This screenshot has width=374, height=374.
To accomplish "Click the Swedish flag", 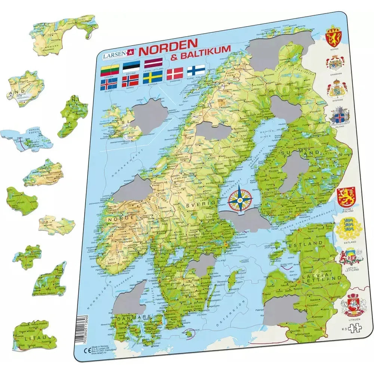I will coord(152,77).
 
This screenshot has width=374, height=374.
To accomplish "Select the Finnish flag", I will coord(196,70).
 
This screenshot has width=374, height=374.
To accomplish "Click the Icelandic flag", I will coord(109,83).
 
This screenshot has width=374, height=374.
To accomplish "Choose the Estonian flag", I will coord(131,66).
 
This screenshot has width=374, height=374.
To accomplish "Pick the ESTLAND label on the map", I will coord(305,243).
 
